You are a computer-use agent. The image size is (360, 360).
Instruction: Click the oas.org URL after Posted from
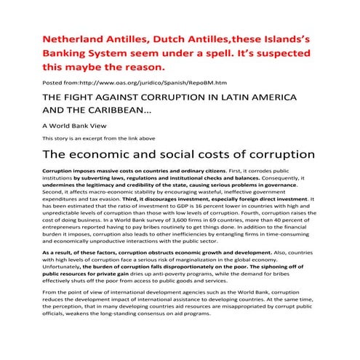point(143,84)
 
